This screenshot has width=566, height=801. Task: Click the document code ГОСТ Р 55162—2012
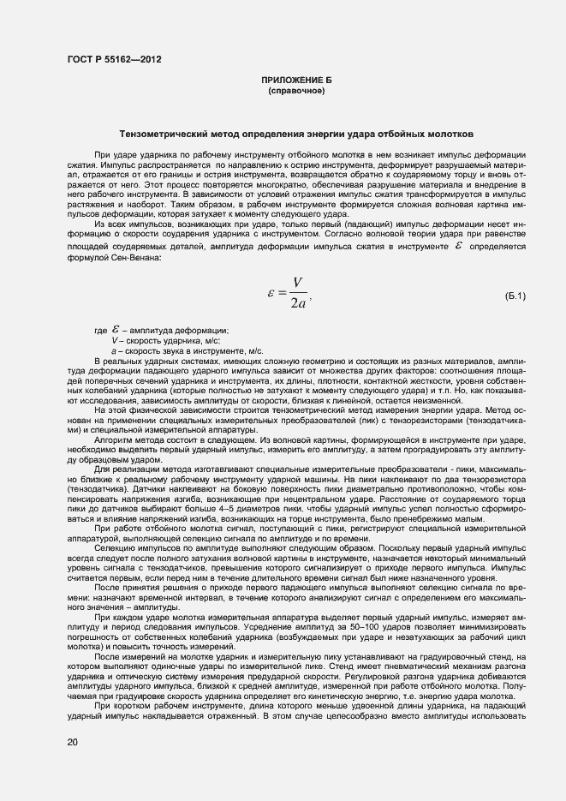[x=113, y=59]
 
